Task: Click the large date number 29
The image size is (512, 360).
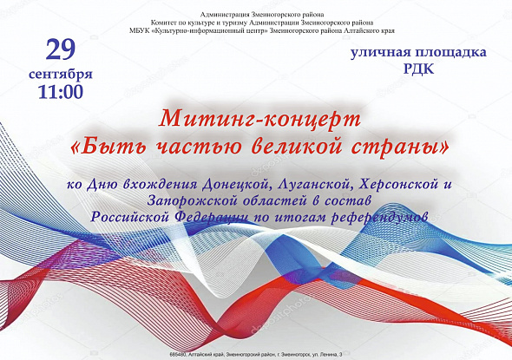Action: coord(61,50)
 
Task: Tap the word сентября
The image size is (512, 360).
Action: coord(61,74)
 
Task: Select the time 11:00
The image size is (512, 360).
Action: coord(61,92)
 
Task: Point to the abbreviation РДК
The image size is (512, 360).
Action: coord(418,69)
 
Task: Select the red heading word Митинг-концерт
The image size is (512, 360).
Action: coord(260,119)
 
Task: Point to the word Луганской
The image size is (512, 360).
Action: coord(314,185)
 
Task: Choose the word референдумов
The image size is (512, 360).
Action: coord(378,218)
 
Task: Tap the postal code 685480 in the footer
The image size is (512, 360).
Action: coord(177,354)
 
